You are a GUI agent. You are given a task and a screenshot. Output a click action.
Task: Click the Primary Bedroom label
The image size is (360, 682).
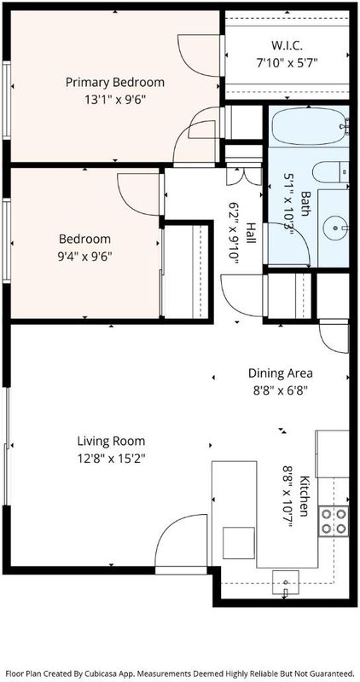115,82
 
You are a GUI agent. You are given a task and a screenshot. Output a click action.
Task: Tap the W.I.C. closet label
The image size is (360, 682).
287,45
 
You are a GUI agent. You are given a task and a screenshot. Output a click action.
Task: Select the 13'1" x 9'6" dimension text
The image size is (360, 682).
115,100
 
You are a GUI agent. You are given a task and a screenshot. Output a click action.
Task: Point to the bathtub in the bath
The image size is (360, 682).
310,126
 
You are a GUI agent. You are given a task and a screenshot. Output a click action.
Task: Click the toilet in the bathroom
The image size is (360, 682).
330,172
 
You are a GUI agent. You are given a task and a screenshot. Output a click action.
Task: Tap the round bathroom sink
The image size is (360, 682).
335,228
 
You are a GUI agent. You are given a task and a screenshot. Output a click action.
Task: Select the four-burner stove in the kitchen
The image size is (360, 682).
334,522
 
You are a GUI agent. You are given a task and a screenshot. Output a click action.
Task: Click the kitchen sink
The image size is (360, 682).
286,582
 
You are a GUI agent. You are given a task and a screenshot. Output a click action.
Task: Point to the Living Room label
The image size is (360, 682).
111,441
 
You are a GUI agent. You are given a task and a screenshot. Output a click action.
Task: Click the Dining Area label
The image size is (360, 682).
281,373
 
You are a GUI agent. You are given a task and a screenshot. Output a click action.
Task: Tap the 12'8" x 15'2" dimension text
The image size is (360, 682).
111,459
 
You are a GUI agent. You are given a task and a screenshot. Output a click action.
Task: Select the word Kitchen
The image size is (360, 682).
305,496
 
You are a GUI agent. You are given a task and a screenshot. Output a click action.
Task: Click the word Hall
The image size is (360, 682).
251,233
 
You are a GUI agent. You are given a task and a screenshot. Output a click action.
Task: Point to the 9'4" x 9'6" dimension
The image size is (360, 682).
85,257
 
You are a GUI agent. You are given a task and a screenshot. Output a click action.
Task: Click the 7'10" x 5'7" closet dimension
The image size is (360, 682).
287,63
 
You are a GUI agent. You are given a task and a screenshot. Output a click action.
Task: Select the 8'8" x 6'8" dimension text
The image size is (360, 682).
281,390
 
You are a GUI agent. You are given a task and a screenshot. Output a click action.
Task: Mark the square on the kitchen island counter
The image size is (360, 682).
239,543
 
